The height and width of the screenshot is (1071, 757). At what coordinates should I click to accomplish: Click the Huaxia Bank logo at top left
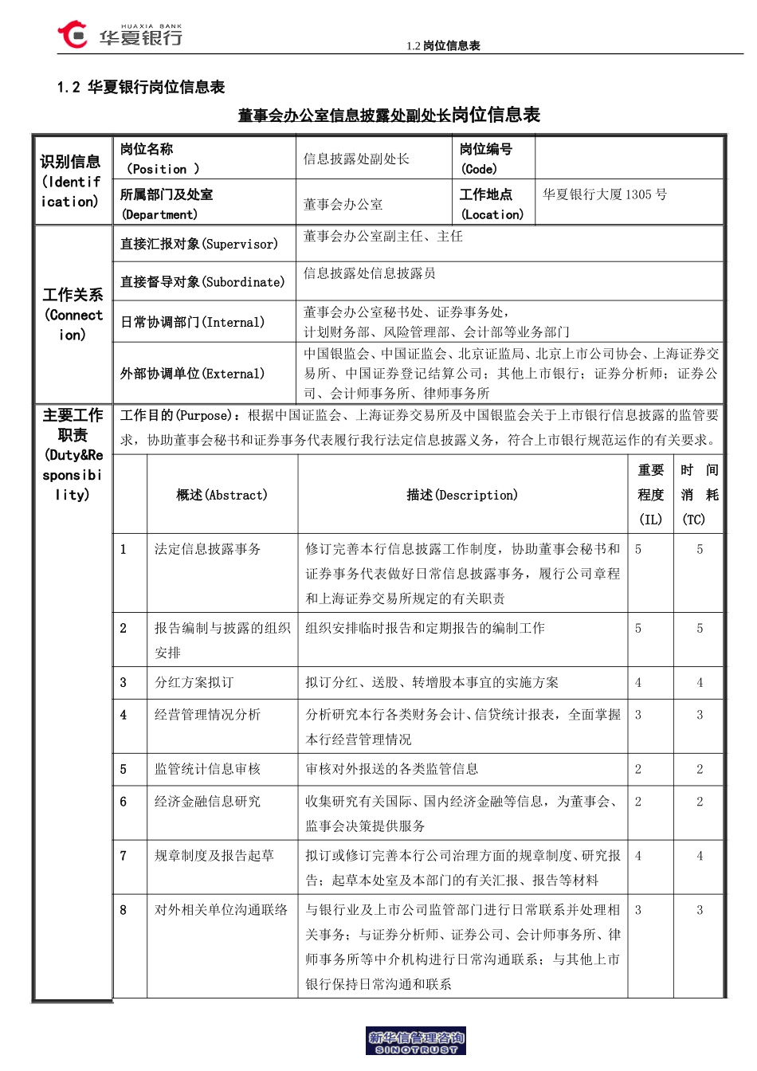pyautogui.click(x=120, y=35)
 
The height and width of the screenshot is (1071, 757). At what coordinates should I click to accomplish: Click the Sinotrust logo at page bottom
pyautogui.click(x=416, y=1041)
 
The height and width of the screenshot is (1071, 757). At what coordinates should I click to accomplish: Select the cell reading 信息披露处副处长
pyautogui.click(x=356, y=159)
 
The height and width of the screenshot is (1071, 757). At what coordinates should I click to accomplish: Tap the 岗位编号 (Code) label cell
pyautogui.click(x=486, y=159)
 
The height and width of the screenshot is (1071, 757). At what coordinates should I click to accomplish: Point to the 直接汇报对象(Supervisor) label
pyautogui.click(x=199, y=244)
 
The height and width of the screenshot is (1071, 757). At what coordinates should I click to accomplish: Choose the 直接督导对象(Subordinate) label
pyautogui.click(x=202, y=282)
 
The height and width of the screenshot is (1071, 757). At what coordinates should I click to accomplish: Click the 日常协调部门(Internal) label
pyautogui.click(x=192, y=322)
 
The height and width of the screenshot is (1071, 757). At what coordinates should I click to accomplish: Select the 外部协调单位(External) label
pyautogui.click(x=192, y=374)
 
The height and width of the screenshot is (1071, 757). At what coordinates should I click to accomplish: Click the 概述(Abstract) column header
pyautogui.click(x=222, y=495)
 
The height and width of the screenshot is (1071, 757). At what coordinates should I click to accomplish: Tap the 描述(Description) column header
pyautogui.click(x=462, y=495)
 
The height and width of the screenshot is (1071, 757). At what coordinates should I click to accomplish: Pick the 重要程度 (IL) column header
pyautogui.click(x=650, y=495)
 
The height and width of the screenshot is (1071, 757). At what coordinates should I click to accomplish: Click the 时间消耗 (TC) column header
pyautogui.click(x=699, y=495)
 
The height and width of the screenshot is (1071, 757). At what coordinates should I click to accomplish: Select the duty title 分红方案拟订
pyautogui.click(x=194, y=682)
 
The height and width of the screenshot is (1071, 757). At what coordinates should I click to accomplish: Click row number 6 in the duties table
pyautogui.click(x=124, y=802)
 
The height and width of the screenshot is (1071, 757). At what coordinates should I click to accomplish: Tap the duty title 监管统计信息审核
pyautogui.click(x=207, y=769)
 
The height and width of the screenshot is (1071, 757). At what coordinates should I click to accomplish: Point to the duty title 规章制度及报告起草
pyautogui.click(x=214, y=856)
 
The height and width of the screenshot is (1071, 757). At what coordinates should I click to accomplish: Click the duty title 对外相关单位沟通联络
pyautogui.click(x=221, y=910)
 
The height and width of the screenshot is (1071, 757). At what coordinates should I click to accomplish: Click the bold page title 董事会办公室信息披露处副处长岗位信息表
pyautogui.click(x=389, y=115)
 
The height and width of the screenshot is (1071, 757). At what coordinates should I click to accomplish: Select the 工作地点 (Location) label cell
pyautogui.click(x=492, y=204)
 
